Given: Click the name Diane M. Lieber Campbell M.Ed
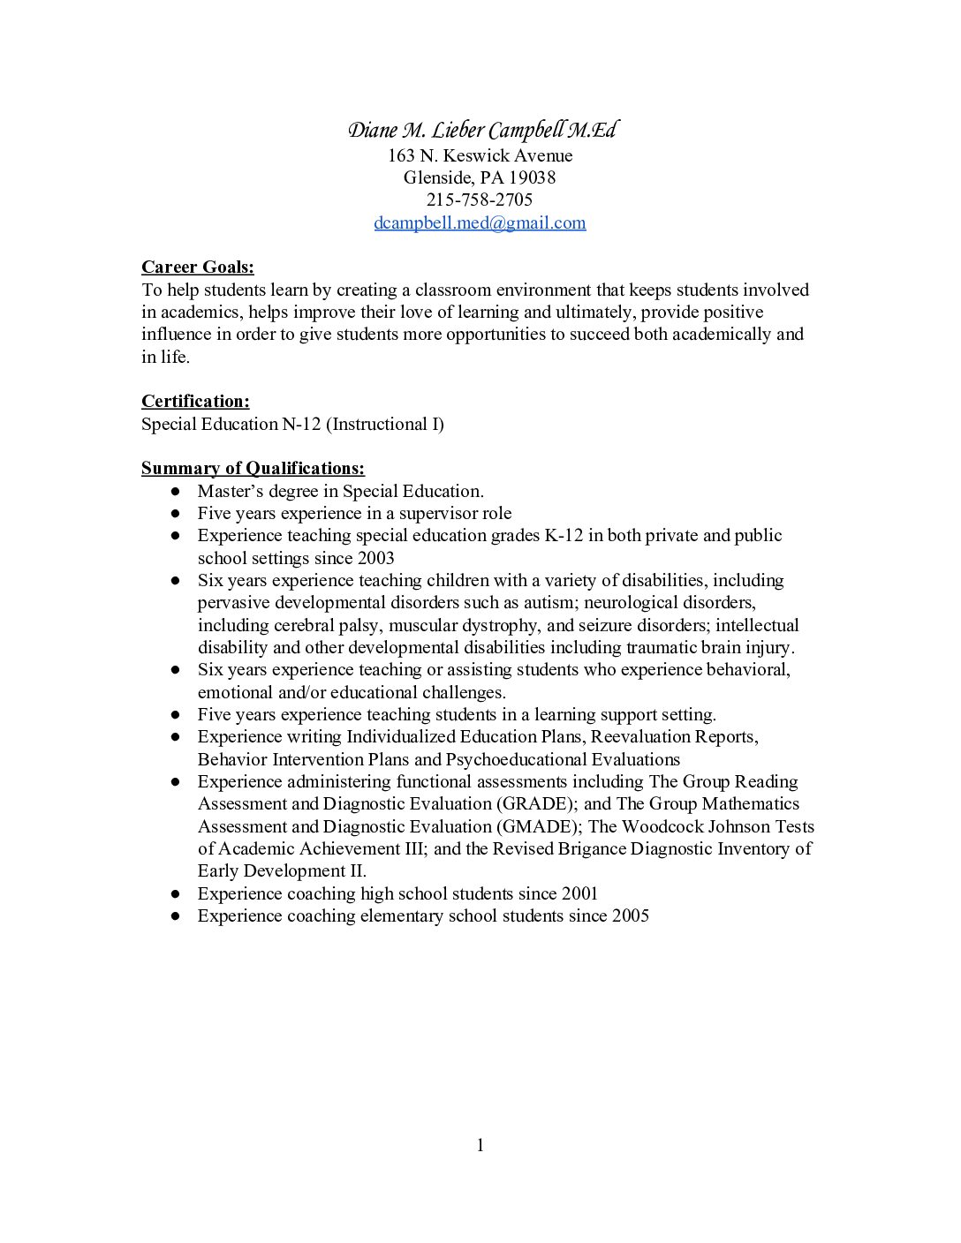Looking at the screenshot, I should click(480, 132).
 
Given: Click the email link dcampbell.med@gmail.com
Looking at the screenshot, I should click(480, 222).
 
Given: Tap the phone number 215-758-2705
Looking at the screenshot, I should click(480, 200).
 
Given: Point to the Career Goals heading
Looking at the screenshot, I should click(198, 267).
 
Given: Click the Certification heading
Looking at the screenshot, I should click(195, 402).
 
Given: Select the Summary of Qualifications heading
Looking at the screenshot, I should click(253, 468).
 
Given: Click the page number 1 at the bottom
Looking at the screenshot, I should click(480, 1146).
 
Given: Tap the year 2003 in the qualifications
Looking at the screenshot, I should click(376, 558).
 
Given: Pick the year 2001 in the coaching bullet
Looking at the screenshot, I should click(579, 893).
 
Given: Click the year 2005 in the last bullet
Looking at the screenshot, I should click(630, 915).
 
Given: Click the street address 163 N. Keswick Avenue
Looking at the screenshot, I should click(480, 155).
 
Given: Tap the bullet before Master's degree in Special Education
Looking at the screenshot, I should click(177, 492).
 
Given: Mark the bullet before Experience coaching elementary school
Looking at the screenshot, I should click(177, 916).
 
